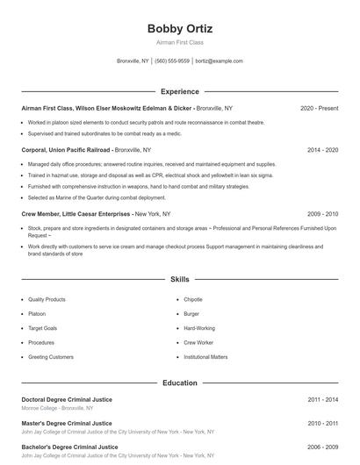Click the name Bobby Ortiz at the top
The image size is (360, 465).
179,28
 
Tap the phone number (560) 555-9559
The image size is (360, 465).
172,61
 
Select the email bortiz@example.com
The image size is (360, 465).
219,61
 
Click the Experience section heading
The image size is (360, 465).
179,91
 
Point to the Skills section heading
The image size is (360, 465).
179,279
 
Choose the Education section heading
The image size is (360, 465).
179,383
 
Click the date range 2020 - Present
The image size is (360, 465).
319,108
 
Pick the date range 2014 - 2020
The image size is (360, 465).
322,150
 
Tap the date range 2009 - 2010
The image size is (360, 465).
322,213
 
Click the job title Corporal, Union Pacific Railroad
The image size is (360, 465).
67,150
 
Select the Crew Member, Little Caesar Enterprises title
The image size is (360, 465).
76,213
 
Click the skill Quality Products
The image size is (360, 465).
47,299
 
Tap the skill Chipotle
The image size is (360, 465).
193,299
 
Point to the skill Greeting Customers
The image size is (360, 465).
51,357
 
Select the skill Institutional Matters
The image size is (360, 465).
205,357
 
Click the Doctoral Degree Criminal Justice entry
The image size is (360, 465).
67,399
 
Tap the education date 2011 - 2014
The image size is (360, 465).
322,399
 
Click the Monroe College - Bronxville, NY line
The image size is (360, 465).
57,408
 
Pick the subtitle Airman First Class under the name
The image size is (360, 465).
179,42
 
